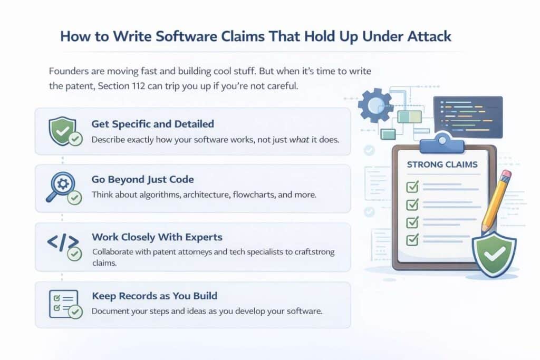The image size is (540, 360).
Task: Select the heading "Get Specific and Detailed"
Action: [x=152, y=124]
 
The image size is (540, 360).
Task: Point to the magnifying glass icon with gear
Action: [x=61, y=188]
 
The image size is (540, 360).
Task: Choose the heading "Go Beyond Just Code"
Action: [x=142, y=180]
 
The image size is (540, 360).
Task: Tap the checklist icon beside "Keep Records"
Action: [x=63, y=303]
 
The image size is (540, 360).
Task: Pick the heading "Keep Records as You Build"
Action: [x=154, y=296]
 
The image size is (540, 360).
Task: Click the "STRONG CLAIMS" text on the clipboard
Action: [x=442, y=165]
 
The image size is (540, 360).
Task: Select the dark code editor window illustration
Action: [x=467, y=116]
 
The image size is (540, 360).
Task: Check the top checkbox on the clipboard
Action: [x=412, y=186]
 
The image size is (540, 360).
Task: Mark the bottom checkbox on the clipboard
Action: [x=412, y=240]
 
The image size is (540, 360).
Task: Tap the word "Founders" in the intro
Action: [x=69, y=71]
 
